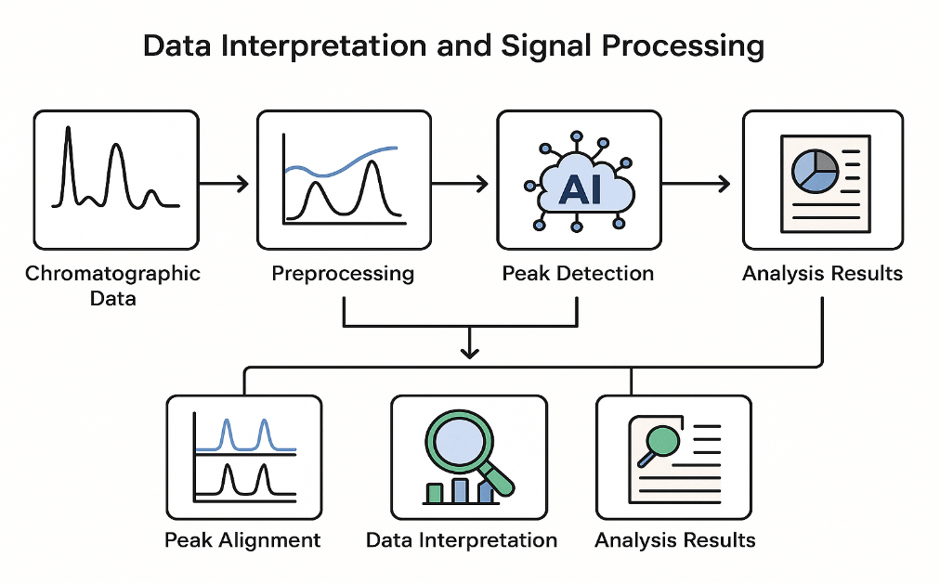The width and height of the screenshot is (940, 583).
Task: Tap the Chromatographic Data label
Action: [x=112, y=285]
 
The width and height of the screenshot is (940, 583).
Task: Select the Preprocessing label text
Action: [x=343, y=274]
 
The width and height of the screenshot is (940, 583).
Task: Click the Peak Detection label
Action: [x=578, y=274]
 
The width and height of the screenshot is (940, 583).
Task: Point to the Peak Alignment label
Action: [x=242, y=540]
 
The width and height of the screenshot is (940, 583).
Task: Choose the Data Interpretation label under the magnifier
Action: [x=462, y=540]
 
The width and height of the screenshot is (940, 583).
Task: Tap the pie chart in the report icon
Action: [x=815, y=170]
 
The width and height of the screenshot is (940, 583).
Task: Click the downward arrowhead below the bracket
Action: [x=470, y=351]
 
